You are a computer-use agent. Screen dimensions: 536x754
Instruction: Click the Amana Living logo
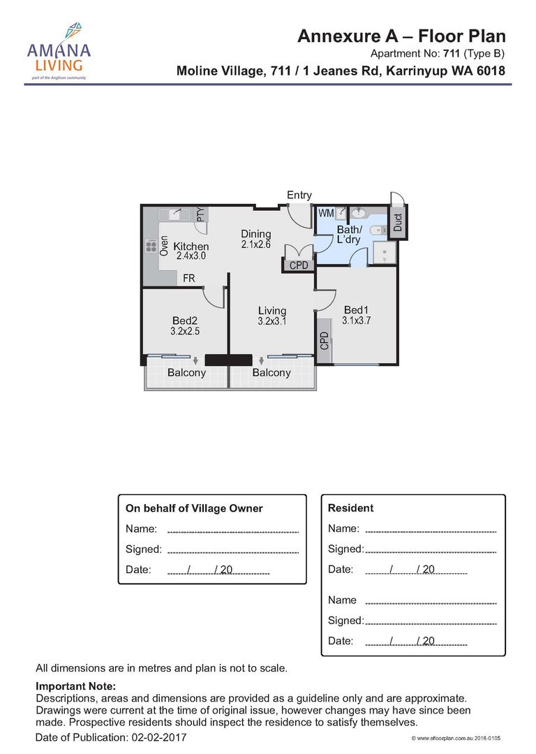point(59,51)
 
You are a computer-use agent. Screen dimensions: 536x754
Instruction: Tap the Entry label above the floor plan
point(299,195)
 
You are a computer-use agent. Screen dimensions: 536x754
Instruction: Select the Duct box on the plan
point(398,222)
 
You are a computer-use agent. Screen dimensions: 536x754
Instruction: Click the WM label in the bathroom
point(326,213)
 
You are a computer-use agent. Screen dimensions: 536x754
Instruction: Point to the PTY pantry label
point(201,214)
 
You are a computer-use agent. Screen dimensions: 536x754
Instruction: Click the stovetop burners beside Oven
point(151,246)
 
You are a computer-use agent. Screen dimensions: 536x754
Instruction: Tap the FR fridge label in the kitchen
point(189,279)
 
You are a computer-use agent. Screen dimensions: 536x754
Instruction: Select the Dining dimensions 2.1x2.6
point(255,244)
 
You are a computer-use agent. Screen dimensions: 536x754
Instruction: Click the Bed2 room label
point(185,320)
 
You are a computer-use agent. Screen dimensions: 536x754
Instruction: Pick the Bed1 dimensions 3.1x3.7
point(356,320)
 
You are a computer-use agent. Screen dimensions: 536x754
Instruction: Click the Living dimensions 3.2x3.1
point(272,321)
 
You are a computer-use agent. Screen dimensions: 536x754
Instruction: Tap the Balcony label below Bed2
point(186,373)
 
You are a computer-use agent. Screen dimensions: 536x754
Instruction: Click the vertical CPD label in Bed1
point(325,341)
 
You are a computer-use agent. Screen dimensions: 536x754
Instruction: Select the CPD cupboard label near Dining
point(299,265)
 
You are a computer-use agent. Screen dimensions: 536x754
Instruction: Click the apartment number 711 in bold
point(452,53)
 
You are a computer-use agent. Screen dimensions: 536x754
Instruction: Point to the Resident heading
point(350,508)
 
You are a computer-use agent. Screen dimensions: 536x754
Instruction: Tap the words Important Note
point(76,686)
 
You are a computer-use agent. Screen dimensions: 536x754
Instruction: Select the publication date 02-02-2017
point(158,737)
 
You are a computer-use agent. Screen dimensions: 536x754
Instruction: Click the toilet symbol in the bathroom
point(381,231)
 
